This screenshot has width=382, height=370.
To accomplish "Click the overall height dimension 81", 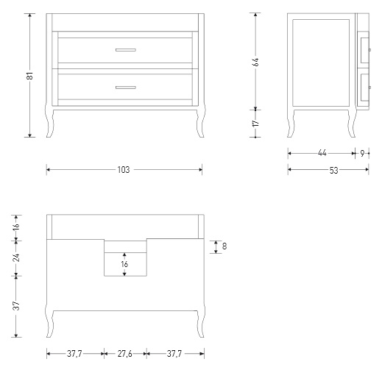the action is click(x=29, y=76).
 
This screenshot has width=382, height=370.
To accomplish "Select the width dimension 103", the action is click(x=124, y=170).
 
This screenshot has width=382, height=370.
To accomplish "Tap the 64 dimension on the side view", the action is click(x=255, y=62).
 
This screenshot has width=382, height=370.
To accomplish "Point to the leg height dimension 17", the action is click(x=255, y=123).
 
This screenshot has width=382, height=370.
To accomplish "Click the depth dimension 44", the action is click(x=322, y=153).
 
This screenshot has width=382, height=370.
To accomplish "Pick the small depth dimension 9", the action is click(x=362, y=154).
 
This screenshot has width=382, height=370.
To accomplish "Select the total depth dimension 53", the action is click(x=333, y=170).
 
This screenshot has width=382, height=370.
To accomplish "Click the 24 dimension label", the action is click(x=16, y=257).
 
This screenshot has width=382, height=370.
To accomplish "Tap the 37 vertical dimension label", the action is click(x=16, y=305).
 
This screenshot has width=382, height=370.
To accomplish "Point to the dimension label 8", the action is click(x=224, y=246).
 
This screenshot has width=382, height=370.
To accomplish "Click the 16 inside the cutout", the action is click(x=124, y=264).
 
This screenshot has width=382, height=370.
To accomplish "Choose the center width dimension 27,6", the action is click(x=125, y=354).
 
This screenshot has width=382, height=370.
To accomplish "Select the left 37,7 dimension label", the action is click(x=74, y=354).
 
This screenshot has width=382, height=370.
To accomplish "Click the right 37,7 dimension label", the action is click(x=174, y=354).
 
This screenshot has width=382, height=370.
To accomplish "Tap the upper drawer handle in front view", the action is click(x=126, y=50).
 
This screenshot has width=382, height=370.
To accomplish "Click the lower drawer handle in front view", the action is click(x=126, y=88).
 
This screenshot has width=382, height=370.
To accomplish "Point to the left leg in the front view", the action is click(x=50, y=122).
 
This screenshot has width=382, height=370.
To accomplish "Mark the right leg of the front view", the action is click(x=200, y=122).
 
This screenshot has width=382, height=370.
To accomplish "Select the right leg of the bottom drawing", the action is click(x=200, y=323).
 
